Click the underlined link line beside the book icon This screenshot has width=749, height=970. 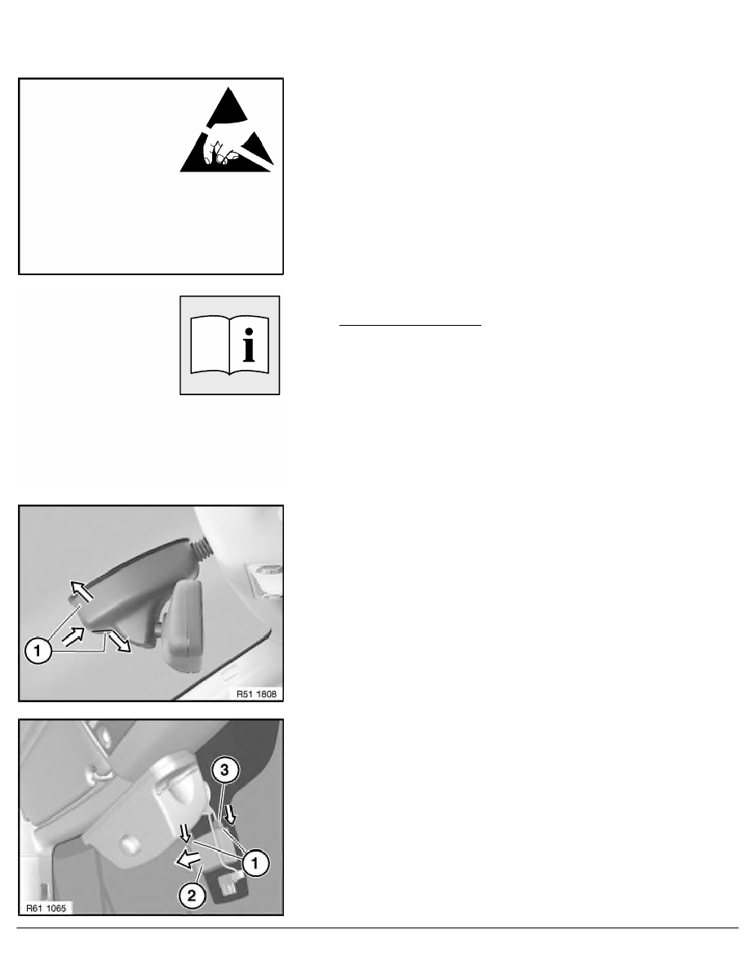[x=410, y=324]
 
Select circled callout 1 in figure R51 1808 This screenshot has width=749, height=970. [x=38, y=652]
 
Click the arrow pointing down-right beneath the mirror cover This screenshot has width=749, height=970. [x=118, y=642]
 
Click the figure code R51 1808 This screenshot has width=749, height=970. [x=256, y=693]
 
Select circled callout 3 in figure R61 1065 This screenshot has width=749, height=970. [x=224, y=770]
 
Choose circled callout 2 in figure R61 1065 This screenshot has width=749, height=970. [x=192, y=895]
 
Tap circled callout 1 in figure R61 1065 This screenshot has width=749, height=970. [x=255, y=862]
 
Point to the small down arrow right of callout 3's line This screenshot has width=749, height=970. [x=231, y=813]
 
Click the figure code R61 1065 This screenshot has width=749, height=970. [x=46, y=907]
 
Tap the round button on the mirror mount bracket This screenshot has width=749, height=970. [x=129, y=842]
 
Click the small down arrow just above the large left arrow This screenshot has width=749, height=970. [x=185, y=834]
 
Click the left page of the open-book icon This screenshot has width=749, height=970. [x=210, y=346]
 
